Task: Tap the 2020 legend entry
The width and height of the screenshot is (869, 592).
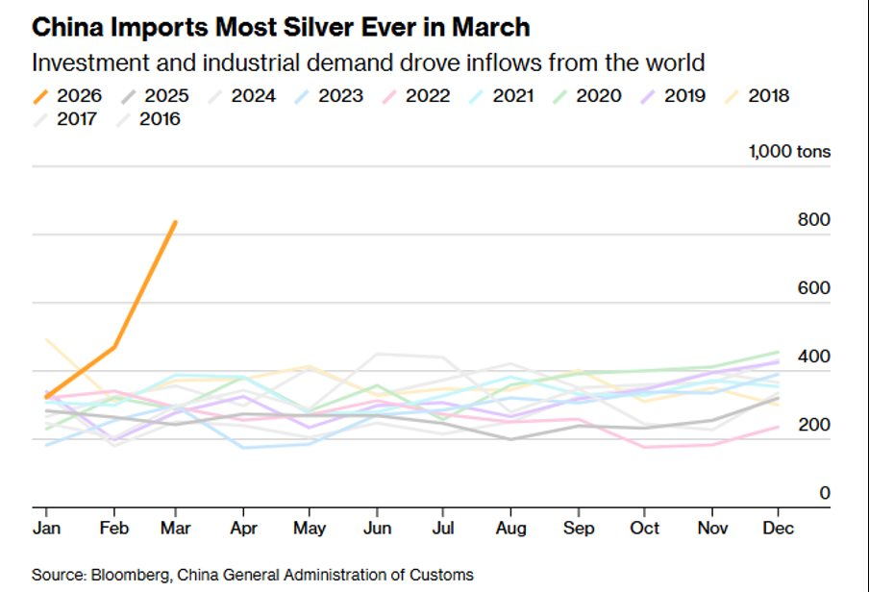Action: tap(585, 95)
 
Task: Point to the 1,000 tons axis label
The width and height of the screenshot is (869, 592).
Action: tap(789, 151)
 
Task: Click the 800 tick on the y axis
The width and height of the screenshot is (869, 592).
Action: tap(813, 220)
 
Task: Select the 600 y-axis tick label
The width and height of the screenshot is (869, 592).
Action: tap(813, 288)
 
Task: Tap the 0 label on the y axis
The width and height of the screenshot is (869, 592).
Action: tap(824, 493)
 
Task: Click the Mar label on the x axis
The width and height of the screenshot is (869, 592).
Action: tap(175, 529)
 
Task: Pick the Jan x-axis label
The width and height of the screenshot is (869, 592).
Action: tap(44, 529)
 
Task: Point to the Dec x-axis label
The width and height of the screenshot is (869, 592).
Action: tap(778, 529)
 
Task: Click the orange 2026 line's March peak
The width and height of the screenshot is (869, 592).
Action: tap(175, 222)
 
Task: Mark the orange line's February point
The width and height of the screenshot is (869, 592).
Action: tap(114, 347)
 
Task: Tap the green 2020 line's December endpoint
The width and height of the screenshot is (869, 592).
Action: tap(778, 352)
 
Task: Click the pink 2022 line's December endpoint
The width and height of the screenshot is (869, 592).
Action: tap(778, 427)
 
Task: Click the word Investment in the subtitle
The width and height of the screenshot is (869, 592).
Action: tap(83, 63)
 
